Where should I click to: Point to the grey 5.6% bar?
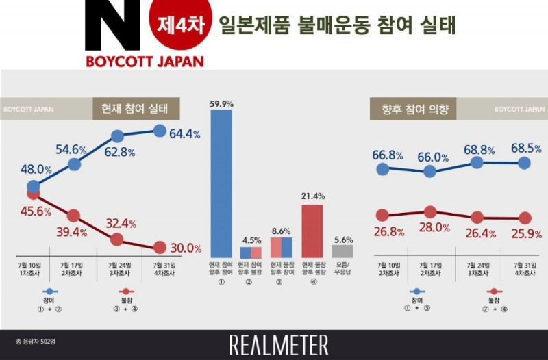pyautogui.click(x=342, y=251)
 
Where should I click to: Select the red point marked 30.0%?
pyautogui.click(x=159, y=248)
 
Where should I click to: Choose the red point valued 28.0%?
pyautogui.click(x=430, y=212)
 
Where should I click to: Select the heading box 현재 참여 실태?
pyautogui.click(x=136, y=108)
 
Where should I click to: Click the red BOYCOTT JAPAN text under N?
pyautogui.click(x=145, y=61)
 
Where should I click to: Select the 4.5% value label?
pyautogui.click(x=251, y=240)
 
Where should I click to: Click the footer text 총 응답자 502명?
pyautogui.click(x=37, y=341)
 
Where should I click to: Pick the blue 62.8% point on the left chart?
pyautogui.click(x=117, y=138)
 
